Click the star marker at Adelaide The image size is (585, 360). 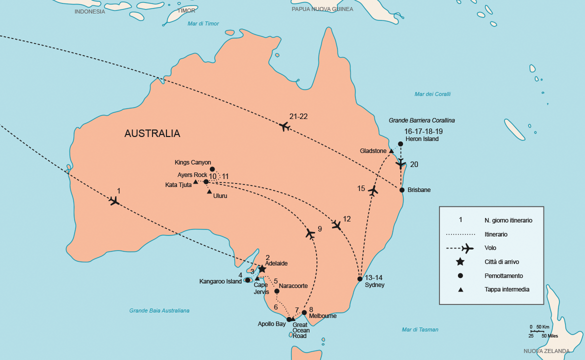point(262,269)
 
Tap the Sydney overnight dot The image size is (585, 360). point(359,278)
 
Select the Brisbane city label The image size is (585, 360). point(419,190)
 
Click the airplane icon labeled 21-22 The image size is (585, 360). point(284,126)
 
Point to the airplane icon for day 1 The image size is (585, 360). point(114,200)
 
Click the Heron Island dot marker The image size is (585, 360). point(400,144)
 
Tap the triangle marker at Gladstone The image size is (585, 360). point(391,151)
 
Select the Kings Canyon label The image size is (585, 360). point(193,162)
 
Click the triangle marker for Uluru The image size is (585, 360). point(209,191)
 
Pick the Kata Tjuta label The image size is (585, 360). point(178,185)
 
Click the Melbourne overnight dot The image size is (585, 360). point(304,312)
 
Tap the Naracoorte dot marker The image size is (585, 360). point(277,291)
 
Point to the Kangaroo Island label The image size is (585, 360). point(220,281)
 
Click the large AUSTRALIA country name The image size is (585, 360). point(152,133)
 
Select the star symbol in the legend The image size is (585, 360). point(460,261)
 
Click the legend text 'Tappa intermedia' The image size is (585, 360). point(506,289)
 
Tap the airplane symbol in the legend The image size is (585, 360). point(467,248)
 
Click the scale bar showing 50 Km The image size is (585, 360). point(537,330)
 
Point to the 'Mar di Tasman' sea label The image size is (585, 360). point(420,329)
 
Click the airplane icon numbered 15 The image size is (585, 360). point(372,190)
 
